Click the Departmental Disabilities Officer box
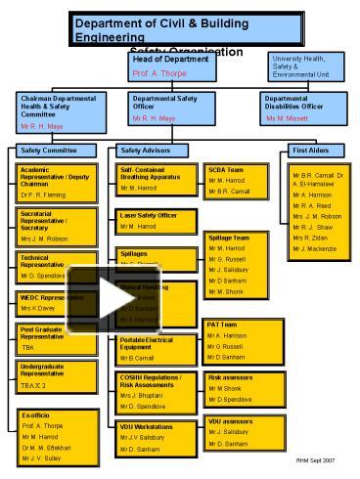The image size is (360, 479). coord(300,109)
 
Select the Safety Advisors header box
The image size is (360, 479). coord(157,151)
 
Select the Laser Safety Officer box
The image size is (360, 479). coord(156,221)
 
